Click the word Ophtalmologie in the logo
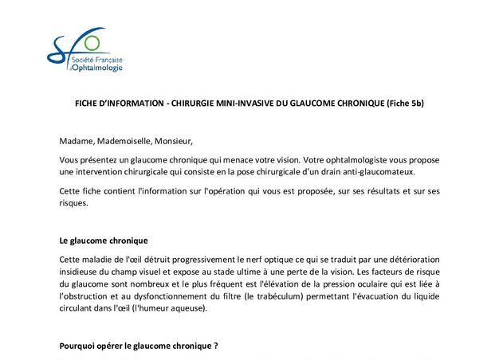[x=100, y=68]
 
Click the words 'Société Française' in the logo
[x=100, y=59]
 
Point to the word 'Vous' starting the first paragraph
[x=70, y=160]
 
